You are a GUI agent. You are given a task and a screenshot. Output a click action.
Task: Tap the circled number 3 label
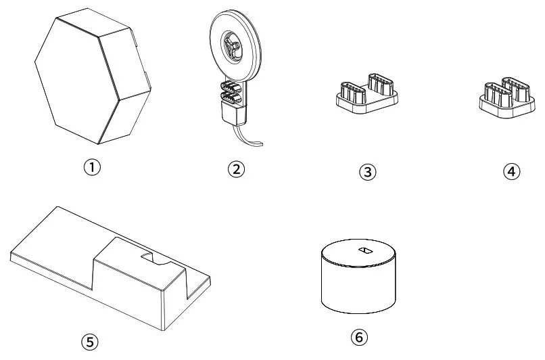(x=367, y=172)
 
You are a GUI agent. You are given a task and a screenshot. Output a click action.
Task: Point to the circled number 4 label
(x=512, y=172)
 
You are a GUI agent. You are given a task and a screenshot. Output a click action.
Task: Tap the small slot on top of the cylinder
(x=363, y=251)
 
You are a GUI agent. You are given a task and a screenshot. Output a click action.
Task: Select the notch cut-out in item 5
(x=154, y=258)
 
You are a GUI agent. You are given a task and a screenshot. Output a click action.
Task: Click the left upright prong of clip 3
(x=349, y=91)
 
